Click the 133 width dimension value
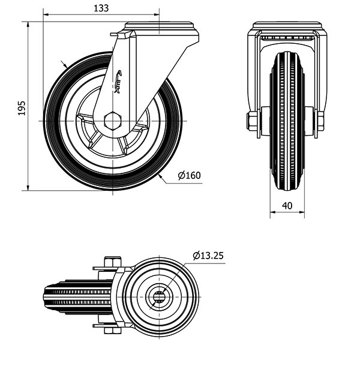point(101,8)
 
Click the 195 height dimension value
point(22,108)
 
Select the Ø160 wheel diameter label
point(189,175)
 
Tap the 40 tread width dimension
point(287,206)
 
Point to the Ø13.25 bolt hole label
point(208,256)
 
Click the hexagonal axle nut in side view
point(113,121)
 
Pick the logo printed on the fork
point(118,82)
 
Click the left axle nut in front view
point(251,121)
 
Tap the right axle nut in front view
point(320,121)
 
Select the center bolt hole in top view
point(159,297)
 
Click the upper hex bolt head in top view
point(113,262)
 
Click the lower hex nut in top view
point(113,330)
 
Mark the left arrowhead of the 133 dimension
point(46,15)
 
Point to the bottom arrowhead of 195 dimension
point(28,188)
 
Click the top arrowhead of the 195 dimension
point(28,25)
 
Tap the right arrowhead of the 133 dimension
point(157,15)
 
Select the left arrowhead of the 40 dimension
point(273,212)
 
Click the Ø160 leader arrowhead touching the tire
point(160,176)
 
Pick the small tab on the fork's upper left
point(113,35)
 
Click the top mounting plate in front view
point(287,25)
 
